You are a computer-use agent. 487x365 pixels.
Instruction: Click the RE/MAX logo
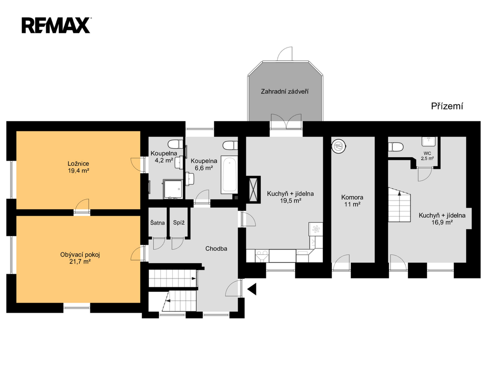(x=56, y=26)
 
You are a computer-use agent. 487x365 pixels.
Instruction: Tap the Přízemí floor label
(x=447, y=106)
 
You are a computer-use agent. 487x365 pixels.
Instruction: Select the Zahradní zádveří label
(x=284, y=92)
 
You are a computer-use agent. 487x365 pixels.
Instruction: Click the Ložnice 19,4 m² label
(x=78, y=167)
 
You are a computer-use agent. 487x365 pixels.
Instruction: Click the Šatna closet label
(x=157, y=222)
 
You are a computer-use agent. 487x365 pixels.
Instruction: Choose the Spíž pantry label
(x=179, y=222)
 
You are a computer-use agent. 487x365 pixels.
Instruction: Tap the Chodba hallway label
(x=216, y=249)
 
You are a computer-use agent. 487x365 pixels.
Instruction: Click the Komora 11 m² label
(x=352, y=201)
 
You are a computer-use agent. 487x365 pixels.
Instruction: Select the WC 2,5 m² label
(x=428, y=156)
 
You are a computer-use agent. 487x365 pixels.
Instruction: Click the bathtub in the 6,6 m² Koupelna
(x=229, y=175)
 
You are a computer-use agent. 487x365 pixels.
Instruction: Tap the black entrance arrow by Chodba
(x=252, y=289)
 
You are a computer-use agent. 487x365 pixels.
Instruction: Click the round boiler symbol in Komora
(x=339, y=146)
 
